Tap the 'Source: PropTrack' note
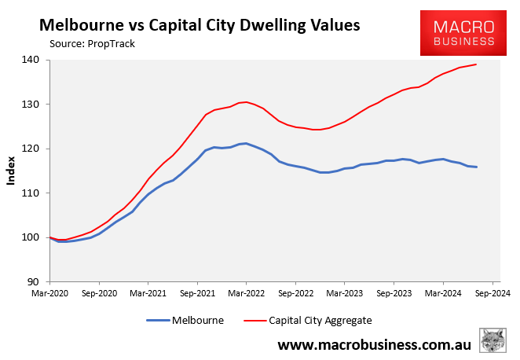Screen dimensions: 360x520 (x=92, y=43)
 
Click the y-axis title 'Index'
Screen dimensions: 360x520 (x=11, y=171)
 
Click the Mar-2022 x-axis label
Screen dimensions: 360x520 (x=246, y=292)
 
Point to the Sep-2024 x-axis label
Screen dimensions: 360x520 (x=492, y=292)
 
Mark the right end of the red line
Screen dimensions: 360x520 (x=476, y=64)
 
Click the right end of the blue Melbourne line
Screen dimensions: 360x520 (x=476, y=167)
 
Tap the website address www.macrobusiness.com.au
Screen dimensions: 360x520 (x=374, y=344)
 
